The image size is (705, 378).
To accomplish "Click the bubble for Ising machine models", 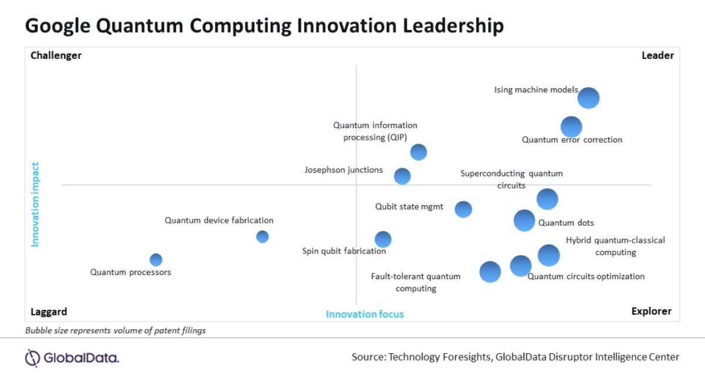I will pyautogui.click(x=588, y=98).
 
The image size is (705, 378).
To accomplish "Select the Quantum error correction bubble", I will pyautogui.click(x=571, y=126).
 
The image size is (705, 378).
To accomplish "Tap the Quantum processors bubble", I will pyautogui.click(x=156, y=259).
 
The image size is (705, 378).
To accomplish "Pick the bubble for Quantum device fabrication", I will pyautogui.click(x=263, y=236).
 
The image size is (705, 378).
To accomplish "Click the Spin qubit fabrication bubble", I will pyautogui.click(x=383, y=239).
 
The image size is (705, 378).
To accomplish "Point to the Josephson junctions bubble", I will pyautogui.click(x=402, y=176).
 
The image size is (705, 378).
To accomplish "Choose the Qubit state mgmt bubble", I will pyautogui.click(x=464, y=209).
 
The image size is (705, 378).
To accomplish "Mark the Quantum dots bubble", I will pyautogui.click(x=524, y=220).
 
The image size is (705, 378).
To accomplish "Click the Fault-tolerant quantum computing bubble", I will pyautogui.click(x=490, y=272).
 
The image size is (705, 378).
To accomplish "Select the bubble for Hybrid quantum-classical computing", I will pyautogui.click(x=549, y=255).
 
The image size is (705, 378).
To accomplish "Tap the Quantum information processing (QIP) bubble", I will pyautogui.click(x=418, y=152).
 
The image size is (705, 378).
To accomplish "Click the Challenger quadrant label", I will pyautogui.click(x=56, y=56).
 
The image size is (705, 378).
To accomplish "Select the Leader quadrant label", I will pyautogui.click(x=657, y=56).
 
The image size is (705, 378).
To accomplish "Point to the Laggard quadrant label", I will pyautogui.click(x=49, y=312).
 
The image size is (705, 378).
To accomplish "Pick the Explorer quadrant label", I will pyautogui.click(x=652, y=312).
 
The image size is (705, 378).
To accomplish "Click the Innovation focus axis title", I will pyautogui.click(x=365, y=314).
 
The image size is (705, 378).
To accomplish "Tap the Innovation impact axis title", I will pyautogui.click(x=35, y=204).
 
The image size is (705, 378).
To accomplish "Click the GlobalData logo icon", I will pyautogui.click(x=33, y=357).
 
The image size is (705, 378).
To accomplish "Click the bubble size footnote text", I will pyautogui.click(x=115, y=330).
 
